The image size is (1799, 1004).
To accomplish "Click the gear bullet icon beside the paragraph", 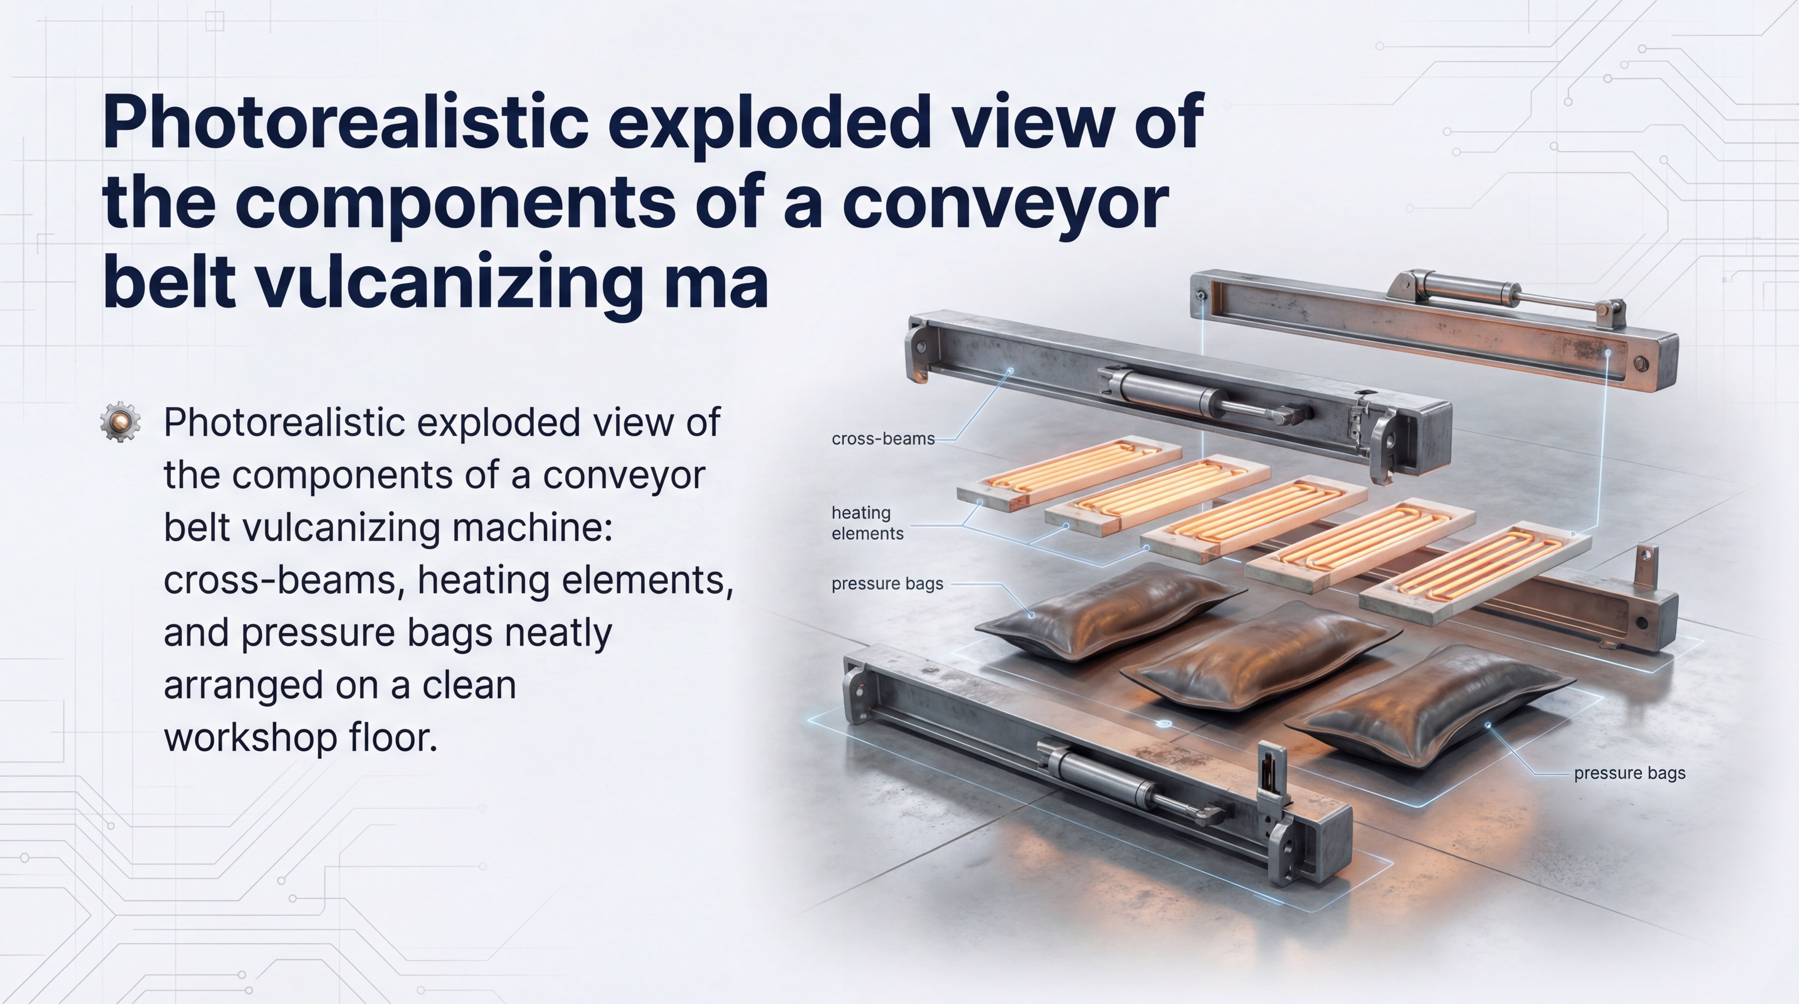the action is (120, 421).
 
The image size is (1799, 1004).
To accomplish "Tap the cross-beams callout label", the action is (883, 438).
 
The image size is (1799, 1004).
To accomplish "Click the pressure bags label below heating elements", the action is (887, 584).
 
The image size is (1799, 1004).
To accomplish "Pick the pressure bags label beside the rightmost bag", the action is (1629, 773).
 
